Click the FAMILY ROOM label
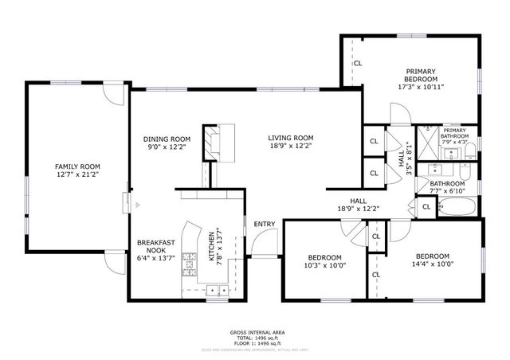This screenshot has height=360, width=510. pyautogui.click(x=77, y=166)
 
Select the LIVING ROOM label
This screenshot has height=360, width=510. pyautogui.click(x=290, y=137)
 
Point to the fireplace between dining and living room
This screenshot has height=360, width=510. pyautogui.click(x=218, y=143)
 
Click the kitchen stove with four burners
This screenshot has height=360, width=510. pyautogui.click(x=190, y=259)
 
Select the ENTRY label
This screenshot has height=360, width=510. pyautogui.click(x=264, y=224)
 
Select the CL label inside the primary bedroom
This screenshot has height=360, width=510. pyautogui.click(x=357, y=63)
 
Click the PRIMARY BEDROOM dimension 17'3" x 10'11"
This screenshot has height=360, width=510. pyautogui.click(x=420, y=87)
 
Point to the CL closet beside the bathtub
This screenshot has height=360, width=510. pyautogui.click(x=426, y=206)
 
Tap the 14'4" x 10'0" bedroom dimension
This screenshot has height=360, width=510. pyautogui.click(x=432, y=266)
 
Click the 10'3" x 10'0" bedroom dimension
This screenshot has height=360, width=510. pyautogui.click(x=324, y=267)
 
